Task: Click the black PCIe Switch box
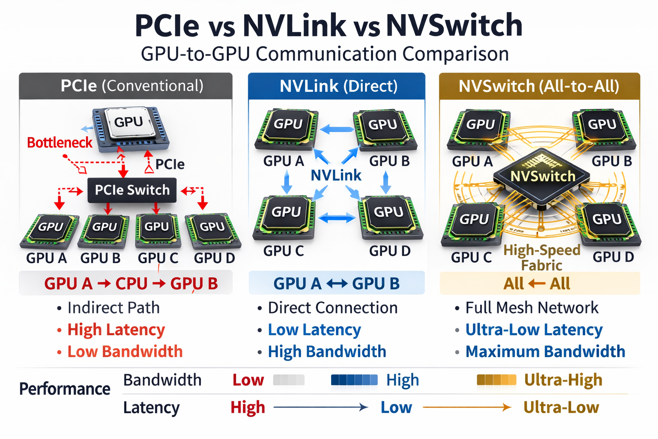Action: [x=132, y=190]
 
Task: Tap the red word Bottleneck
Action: [x=60, y=142]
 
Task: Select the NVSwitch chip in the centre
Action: [x=542, y=177]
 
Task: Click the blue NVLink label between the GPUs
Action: [x=336, y=175]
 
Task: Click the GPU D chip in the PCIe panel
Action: [x=212, y=230]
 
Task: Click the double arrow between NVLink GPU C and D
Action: [x=337, y=218]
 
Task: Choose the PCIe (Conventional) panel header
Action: [x=126, y=86]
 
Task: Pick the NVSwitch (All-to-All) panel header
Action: [x=539, y=86]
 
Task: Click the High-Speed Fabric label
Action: [x=542, y=257]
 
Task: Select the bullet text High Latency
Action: [x=116, y=330]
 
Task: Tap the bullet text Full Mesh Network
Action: [x=532, y=308]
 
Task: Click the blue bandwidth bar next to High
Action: [x=354, y=380]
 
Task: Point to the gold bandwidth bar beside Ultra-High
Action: [x=496, y=380]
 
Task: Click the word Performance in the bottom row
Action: [x=65, y=389]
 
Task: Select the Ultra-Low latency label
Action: [x=561, y=407]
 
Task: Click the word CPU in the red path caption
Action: [x=131, y=283]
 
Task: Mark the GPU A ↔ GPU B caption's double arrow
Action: [x=337, y=283]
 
